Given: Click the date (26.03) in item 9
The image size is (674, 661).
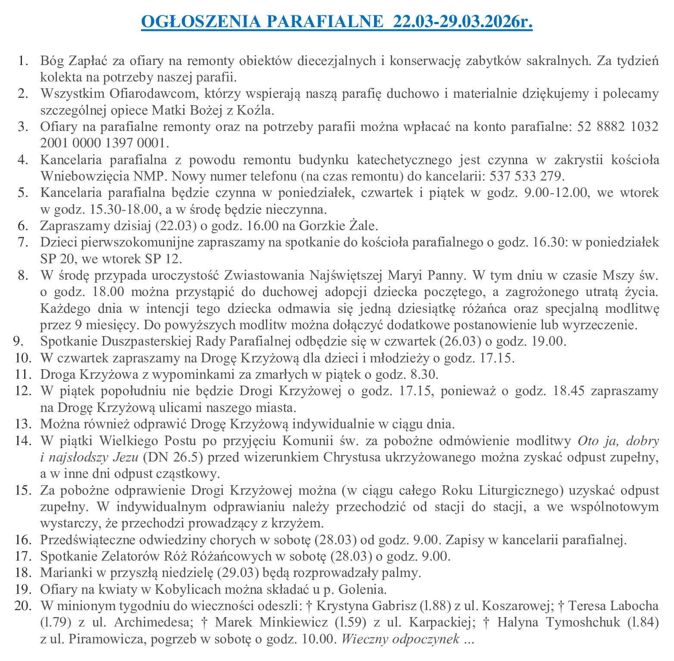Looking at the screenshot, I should [460, 341].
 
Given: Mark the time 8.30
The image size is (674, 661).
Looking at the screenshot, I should [424, 374].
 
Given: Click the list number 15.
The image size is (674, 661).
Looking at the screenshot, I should [23, 490].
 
